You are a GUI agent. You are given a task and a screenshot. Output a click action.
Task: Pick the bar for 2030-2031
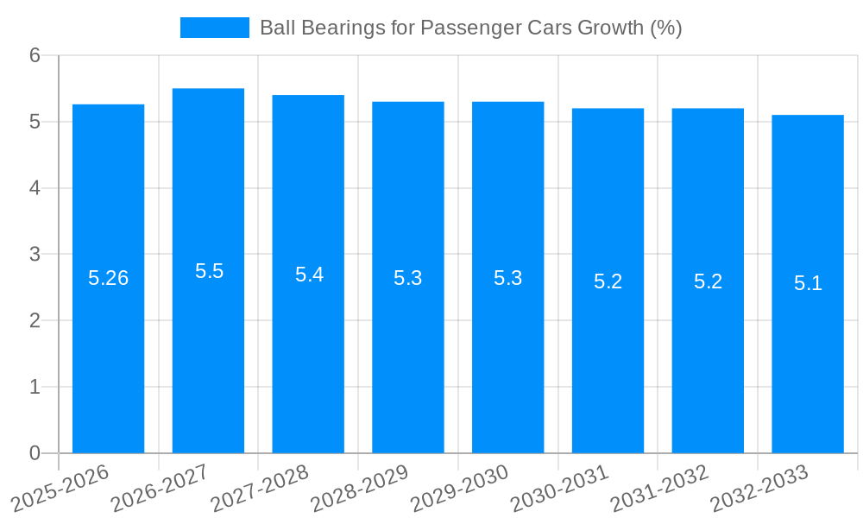click(608, 345)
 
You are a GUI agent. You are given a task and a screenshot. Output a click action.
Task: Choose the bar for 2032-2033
click(808, 345)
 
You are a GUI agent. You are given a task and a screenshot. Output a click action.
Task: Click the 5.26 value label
click(109, 278)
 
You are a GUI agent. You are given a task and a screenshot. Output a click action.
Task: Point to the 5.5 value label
click(209, 271)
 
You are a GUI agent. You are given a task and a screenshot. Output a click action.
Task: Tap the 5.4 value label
click(309, 275)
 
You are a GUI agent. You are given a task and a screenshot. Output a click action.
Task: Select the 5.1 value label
click(808, 283)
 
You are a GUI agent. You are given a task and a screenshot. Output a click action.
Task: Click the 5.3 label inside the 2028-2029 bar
click(408, 278)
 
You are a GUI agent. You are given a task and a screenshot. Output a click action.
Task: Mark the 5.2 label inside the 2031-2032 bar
click(708, 281)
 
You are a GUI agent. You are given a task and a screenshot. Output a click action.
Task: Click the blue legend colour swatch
click(214, 28)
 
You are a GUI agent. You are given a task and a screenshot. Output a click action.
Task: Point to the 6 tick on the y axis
click(35, 55)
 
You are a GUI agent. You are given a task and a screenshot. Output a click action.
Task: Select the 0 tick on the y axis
click(35, 453)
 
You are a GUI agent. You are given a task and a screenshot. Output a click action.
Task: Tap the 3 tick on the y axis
click(35, 255)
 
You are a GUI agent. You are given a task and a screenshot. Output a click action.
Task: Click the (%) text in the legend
click(665, 28)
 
